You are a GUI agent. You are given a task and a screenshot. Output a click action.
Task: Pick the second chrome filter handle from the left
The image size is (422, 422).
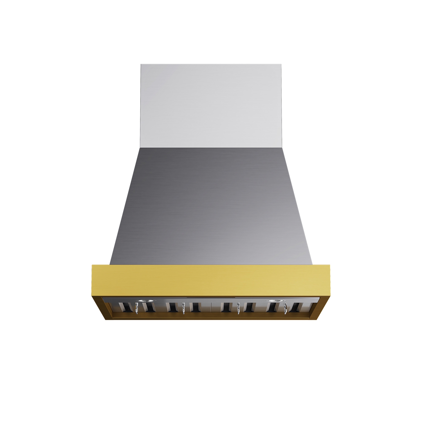[x=184, y=308]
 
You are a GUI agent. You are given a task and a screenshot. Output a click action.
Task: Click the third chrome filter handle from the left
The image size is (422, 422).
[x=238, y=308]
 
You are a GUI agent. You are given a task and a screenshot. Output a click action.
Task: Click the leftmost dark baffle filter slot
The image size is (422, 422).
[x=125, y=307]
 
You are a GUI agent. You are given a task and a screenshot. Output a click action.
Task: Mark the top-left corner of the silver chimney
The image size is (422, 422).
[x=141, y=64]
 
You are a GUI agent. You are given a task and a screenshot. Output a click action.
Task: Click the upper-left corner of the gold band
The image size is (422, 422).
[x=92, y=265]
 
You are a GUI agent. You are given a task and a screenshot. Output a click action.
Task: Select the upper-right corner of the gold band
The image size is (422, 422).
[x=329, y=265]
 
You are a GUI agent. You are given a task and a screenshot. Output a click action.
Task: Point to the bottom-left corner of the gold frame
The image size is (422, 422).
[x=106, y=320]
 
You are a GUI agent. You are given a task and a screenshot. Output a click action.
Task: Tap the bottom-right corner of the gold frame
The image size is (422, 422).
[x=316, y=320]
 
